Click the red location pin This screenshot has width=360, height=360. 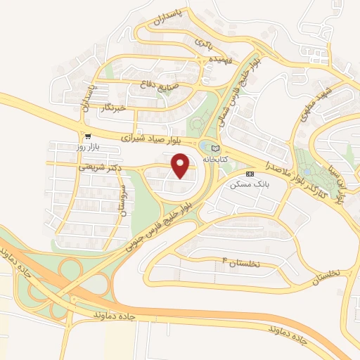pos(182,165)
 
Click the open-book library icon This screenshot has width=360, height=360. pos(215,148)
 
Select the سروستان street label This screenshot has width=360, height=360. pos(122,200)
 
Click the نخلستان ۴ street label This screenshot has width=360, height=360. pos(240,262)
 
